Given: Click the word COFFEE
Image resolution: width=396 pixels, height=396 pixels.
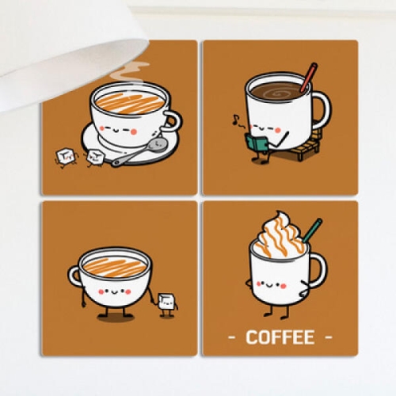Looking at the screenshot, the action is (x=280, y=337).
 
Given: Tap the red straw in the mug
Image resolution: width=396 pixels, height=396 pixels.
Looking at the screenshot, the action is (x=309, y=77).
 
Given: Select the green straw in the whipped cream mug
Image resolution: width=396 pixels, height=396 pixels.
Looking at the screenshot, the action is (x=313, y=230).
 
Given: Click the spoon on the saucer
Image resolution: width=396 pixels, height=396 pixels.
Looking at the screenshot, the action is (x=140, y=152).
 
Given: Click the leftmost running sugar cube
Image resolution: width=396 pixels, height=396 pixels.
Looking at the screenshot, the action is (x=64, y=157).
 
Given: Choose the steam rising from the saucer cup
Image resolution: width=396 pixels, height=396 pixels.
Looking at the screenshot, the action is (x=130, y=70).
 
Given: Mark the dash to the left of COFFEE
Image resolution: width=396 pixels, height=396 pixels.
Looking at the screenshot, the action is (x=231, y=337).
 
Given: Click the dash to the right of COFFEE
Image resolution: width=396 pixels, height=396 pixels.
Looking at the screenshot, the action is (x=328, y=337).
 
